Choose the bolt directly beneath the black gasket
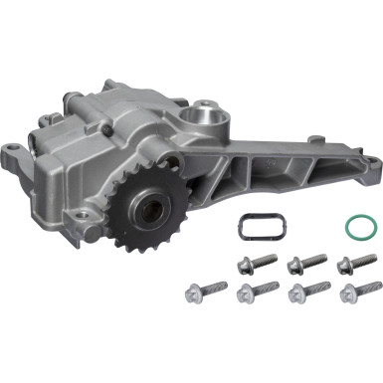pyautogui.click(x=255, y=266)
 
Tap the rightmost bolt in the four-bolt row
pyautogui.click(x=353, y=292)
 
